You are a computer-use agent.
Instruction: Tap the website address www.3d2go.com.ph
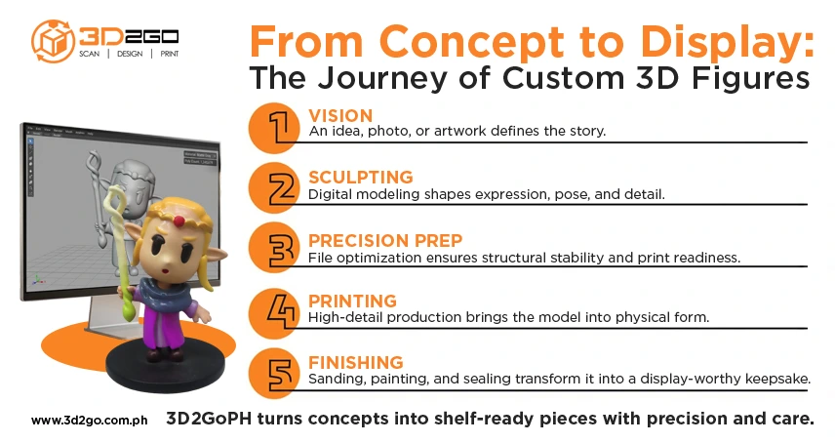pos(89,421)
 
